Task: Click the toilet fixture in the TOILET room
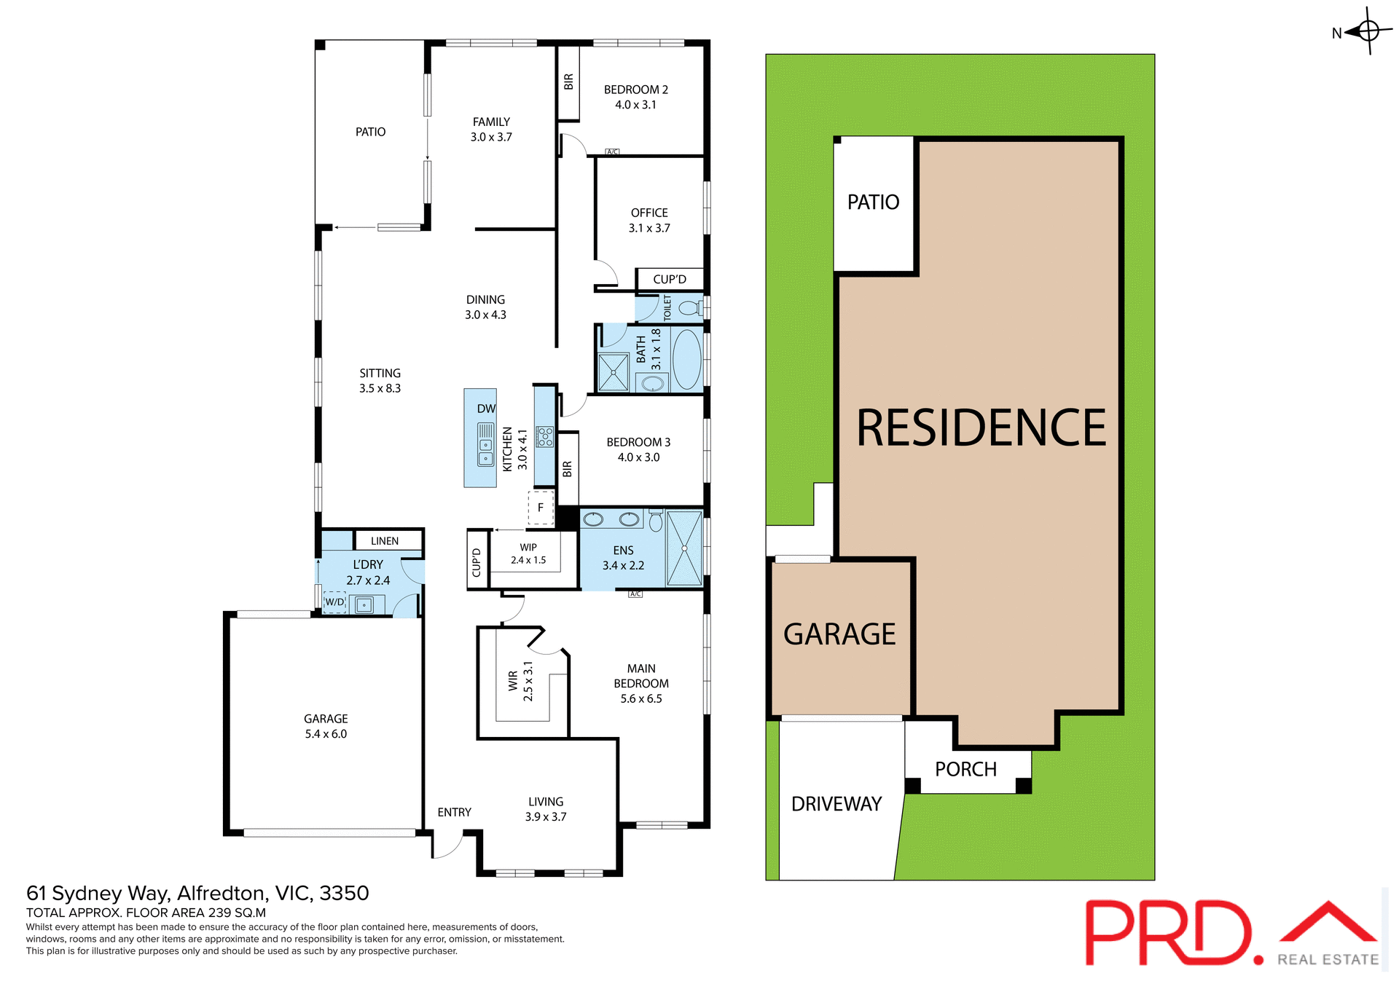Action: (688, 308)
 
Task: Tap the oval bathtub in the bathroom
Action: (686, 359)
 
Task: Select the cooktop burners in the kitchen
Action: (544, 437)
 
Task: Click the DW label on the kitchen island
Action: (486, 409)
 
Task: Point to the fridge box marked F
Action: (541, 508)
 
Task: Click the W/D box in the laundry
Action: (334, 602)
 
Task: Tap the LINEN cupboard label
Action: (385, 541)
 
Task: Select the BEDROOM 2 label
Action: (635, 90)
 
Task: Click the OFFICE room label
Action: (649, 213)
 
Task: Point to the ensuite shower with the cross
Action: (684, 548)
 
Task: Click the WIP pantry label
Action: (528, 548)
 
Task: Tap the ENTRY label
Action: (454, 812)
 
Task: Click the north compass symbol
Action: (1368, 31)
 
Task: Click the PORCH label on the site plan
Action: (965, 769)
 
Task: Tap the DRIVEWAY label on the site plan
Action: (836, 804)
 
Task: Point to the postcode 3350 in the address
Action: (344, 893)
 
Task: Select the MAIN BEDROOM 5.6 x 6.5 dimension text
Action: (641, 698)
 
